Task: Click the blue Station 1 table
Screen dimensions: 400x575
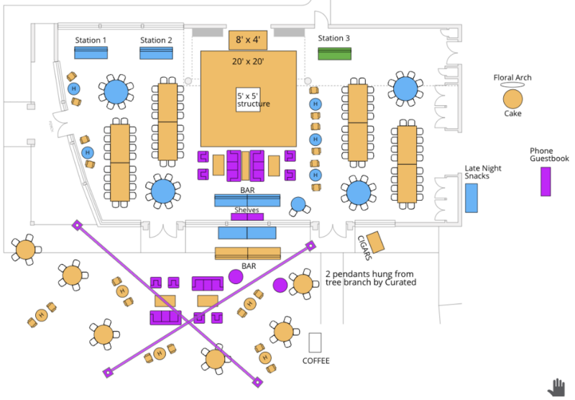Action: pos(91,53)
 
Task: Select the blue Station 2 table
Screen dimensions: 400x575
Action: pos(156,53)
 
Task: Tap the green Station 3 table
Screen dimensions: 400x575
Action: pos(334,53)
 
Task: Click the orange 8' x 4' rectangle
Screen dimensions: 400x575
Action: pos(248,40)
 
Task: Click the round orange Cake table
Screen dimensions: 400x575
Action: pos(512,98)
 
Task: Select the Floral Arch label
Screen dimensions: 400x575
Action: pos(512,78)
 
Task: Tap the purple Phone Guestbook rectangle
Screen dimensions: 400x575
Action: pos(546,181)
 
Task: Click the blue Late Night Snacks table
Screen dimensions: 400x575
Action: pos(471,197)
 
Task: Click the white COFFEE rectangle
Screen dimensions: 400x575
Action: pos(316,342)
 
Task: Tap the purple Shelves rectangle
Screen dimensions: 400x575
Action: pos(247,217)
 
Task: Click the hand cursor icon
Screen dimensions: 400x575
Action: pos(556,386)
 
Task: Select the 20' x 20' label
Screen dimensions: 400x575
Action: pos(248,62)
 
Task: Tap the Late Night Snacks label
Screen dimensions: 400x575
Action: pos(483,173)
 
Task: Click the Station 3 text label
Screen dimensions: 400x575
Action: pos(334,38)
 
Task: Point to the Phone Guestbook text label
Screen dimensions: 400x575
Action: pos(549,154)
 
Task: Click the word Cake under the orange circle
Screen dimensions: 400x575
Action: pos(512,114)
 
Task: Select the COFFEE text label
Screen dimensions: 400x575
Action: pos(316,360)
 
